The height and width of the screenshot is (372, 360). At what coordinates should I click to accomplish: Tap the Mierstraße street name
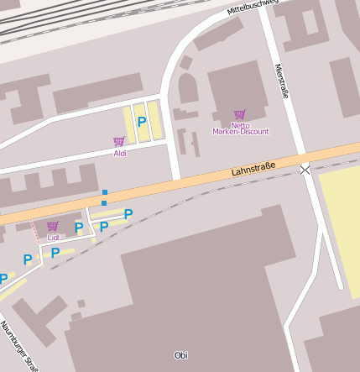click(x=281, y=82)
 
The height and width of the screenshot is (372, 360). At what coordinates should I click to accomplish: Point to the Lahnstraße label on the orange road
click(x=253, y=170)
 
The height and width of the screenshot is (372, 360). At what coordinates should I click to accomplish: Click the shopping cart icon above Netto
click(x=240, y=114)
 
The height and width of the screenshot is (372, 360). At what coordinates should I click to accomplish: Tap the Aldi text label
click(x=120, y=154)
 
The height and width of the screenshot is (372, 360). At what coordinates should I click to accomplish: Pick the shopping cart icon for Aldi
click(x=118, y=141)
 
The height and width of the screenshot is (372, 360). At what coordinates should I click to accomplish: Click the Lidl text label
click(x=53, y=237)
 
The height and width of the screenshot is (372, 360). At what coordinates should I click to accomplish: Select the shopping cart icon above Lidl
click(x=52, y=225)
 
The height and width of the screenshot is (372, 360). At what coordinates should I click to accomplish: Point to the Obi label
click(x=180, y=355)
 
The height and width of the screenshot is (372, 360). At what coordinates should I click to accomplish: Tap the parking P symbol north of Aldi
click(x=142, y=122)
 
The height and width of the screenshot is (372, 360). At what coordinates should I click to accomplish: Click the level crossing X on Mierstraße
click(x=305, y=170)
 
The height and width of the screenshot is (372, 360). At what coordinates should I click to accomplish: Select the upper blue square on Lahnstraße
click(x=105, y=193)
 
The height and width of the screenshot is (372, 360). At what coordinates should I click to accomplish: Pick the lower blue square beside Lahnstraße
click(x=104, y=203)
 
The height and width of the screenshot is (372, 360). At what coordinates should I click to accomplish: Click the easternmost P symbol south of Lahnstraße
click(x=128, y=214)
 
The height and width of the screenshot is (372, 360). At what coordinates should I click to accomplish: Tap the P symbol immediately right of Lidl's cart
click(x=79, y=227)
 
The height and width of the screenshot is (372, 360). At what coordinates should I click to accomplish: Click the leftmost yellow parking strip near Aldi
click(x=129, y=123)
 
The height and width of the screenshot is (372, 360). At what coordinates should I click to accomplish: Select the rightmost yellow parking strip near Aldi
click(x=155, y=119)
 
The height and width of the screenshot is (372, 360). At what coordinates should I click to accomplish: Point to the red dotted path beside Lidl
click(x=35, y=231)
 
